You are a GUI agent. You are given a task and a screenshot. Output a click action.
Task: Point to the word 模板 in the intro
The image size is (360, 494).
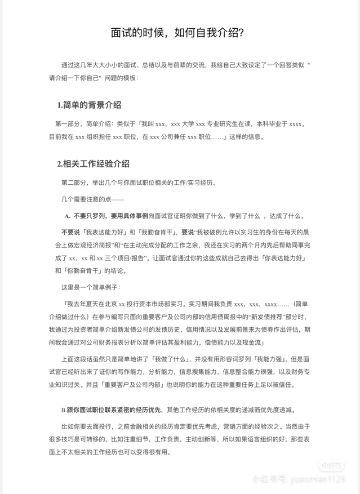(x=124, y=78)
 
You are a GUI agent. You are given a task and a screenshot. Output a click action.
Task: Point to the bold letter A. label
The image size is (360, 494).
(x=67, y=216)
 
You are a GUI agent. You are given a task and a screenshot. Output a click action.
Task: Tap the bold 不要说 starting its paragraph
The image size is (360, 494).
(x=71, y=232)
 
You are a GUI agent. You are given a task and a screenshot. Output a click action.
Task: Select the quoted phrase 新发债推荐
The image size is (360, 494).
(x=251, y=316)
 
